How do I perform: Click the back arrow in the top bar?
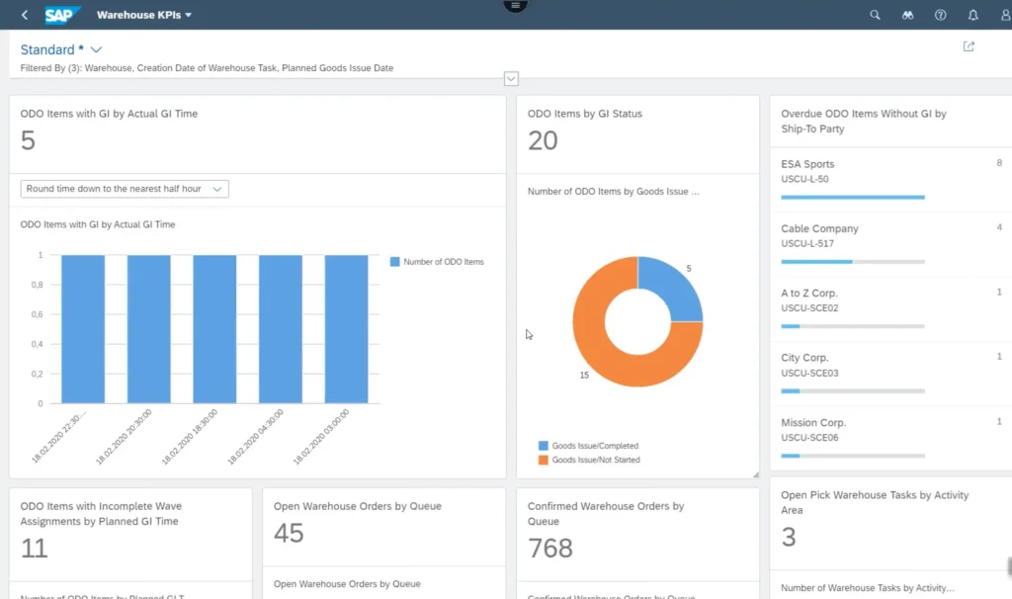24,15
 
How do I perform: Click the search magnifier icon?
875,15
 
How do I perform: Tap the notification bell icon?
973,15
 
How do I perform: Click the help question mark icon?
940,15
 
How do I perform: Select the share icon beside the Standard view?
969,46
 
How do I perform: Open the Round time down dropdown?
125,189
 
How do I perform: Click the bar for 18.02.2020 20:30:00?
148,329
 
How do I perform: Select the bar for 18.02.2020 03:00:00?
346,329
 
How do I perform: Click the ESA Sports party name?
807,164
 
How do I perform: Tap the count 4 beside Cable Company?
998,227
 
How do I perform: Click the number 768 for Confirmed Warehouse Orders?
550,548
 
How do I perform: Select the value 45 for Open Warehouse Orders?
289,534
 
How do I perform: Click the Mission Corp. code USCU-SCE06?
809,437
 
